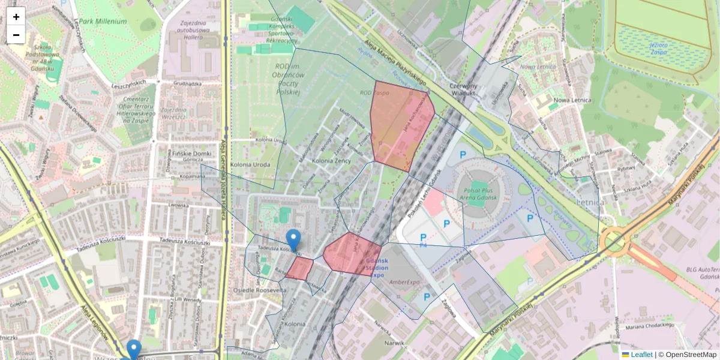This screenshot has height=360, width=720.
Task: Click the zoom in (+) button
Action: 16,16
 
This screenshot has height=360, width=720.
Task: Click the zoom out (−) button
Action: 16,35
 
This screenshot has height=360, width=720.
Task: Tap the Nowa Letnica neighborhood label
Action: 569,100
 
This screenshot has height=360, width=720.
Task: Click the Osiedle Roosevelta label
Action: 259,290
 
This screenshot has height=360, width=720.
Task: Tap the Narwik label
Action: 378,343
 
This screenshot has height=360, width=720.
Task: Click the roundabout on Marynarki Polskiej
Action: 613,243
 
